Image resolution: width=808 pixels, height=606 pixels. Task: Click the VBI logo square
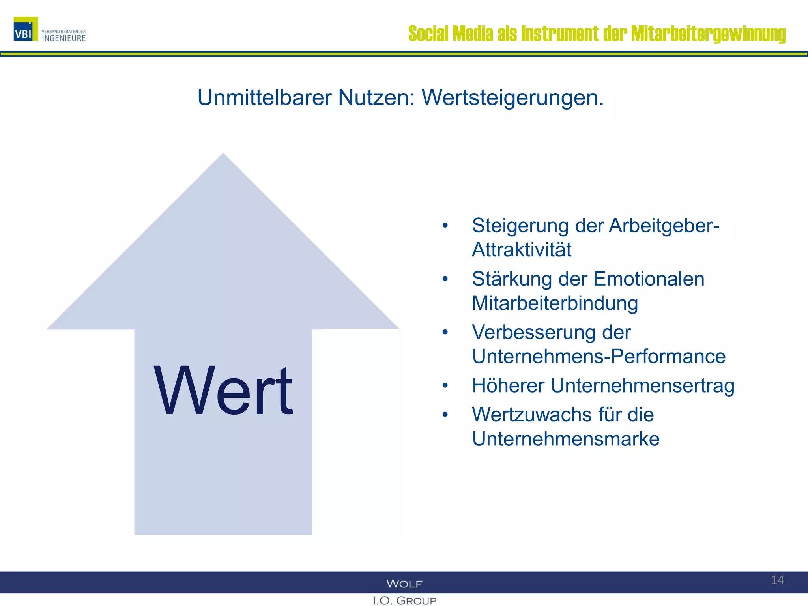tap(26, 29)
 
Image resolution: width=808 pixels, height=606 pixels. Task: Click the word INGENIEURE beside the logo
tap(64, 38)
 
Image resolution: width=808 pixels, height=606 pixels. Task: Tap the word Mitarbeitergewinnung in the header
tap(708, 34)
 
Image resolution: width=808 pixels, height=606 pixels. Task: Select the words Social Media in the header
tap(450, 34)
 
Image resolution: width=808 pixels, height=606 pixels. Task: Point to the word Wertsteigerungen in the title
tap(512, 97)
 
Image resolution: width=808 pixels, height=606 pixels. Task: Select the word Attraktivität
tap(522, 250)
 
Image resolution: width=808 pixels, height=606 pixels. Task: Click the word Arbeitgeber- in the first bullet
tap(664, 226)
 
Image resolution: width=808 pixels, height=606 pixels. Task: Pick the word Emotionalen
tap(649, 279)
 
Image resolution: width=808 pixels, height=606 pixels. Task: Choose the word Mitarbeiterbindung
tap(555, 303)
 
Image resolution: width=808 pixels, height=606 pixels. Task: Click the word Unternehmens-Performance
tap(599, 356)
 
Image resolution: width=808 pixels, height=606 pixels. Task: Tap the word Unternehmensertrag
tap(642, 385)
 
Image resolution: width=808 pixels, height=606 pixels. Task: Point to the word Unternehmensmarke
tap(566, 439)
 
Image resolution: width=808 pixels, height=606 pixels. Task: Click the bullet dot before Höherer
tap(445, 385)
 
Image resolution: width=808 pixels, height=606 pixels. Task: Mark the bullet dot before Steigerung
tap(445, 226)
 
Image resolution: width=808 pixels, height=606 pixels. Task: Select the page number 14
tap(777, 580)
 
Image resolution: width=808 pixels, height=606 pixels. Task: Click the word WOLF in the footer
tap(404, 584)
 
